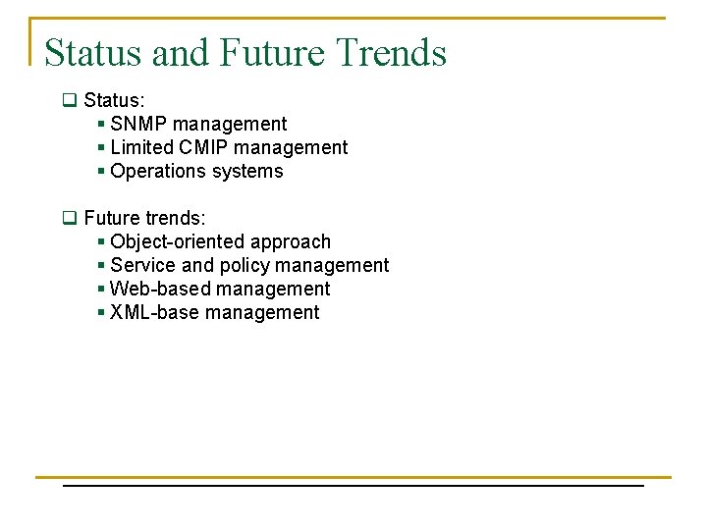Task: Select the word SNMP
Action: click(138, 124)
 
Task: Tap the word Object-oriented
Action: click(178, 241)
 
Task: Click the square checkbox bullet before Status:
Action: click(69, 100)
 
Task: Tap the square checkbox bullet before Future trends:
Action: click(69, 218)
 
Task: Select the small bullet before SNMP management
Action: click(102, 125)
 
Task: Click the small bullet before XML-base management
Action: click(102, 313)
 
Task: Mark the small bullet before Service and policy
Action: click(102, 266)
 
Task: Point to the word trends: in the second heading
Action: click(176, 218)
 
